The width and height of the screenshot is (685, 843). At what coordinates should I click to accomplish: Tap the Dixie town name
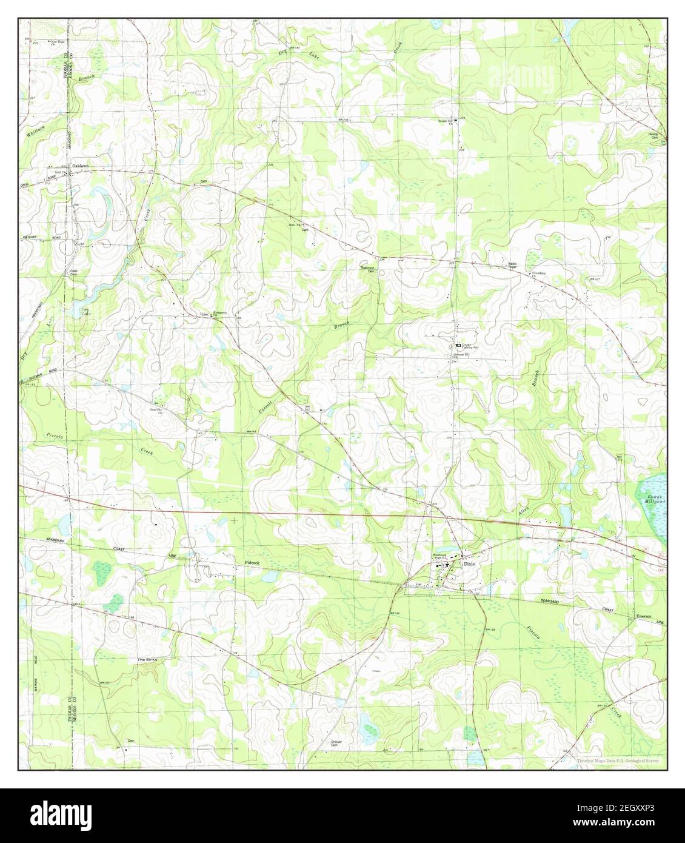(470, 563)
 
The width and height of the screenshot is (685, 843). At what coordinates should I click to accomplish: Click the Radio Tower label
(512, 265)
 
